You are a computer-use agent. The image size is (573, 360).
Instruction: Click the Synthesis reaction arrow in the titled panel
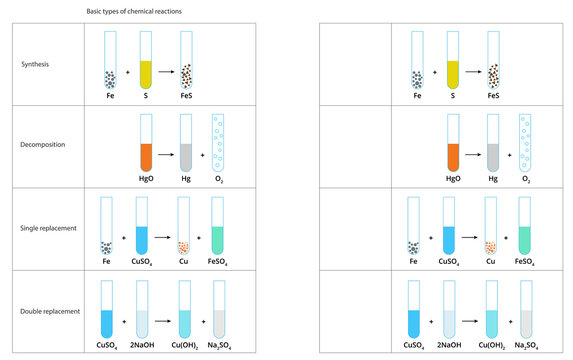coord(165,73)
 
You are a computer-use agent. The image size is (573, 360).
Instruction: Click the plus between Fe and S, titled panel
coord(127,73)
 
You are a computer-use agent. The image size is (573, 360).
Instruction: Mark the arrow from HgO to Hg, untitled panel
coord(472,155)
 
